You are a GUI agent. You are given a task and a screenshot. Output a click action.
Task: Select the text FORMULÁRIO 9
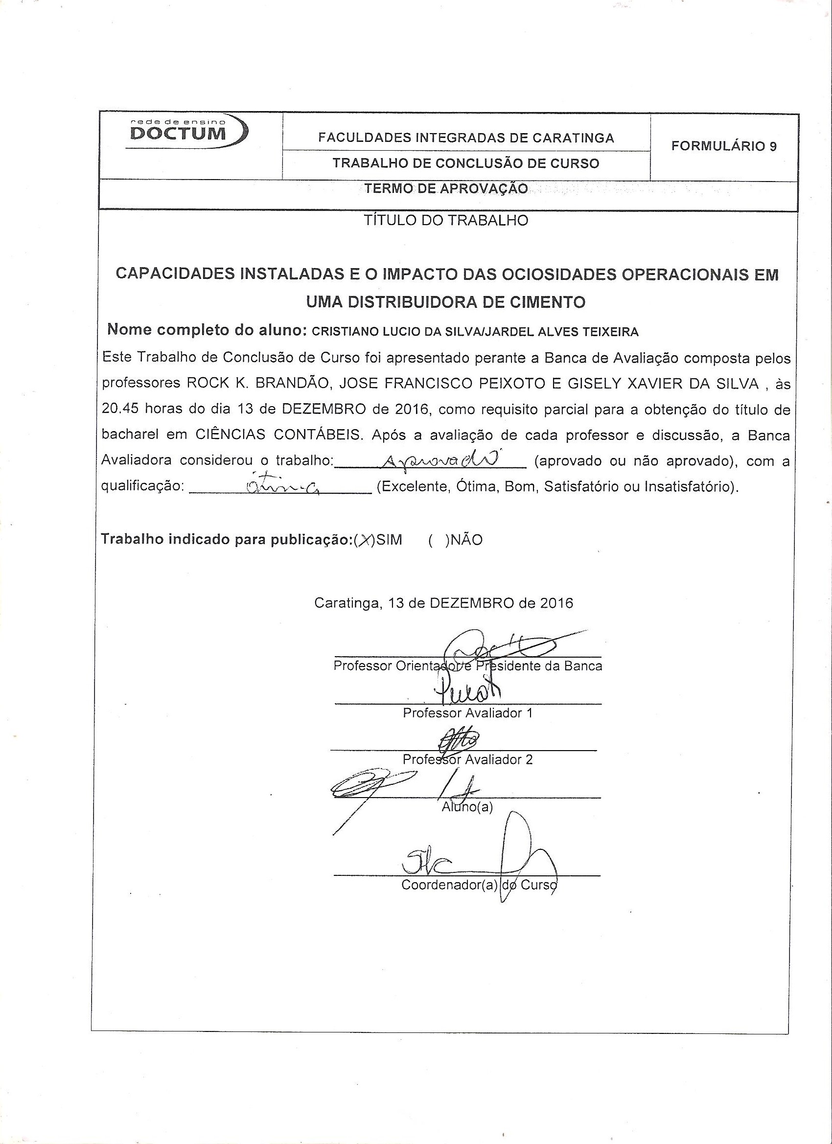click(x=723, y=146)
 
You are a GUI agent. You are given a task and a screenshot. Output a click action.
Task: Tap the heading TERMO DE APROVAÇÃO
click(x=446, y=189)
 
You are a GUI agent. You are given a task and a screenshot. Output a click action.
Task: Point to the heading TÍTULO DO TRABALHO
click(x=446, y=220)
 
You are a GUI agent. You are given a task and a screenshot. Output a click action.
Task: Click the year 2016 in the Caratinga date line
click(x=556, y=603)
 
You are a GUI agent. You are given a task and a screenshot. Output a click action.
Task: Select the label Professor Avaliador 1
click(x=467, y=713)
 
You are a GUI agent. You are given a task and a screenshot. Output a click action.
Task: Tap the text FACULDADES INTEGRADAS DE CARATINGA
click(x=466, y=137)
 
